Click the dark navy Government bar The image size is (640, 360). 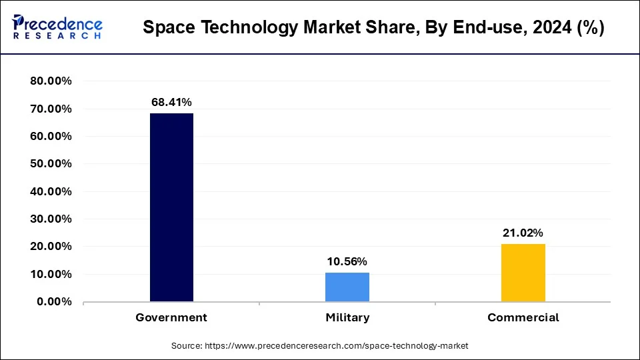tap(171, 207)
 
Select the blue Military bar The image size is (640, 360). tap(347, 287)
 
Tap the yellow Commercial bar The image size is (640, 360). tap(523, 273)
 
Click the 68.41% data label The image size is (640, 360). tap(171, 102)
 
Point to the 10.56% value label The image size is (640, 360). tap(347, 261)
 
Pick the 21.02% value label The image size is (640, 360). tap(523, 233)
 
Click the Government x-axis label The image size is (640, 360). tap(171, 318)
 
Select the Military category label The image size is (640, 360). tap(347, 318)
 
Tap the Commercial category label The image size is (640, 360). tap(523, 318)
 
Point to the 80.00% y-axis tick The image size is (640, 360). tap(51, 81)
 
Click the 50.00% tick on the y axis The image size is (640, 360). tap(51, 164)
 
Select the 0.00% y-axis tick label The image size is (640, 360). tap(54, 302)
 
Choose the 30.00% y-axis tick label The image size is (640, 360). tap(51, 219)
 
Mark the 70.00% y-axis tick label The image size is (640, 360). tap(51, 109)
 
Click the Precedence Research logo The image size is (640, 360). tap(57, 27)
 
